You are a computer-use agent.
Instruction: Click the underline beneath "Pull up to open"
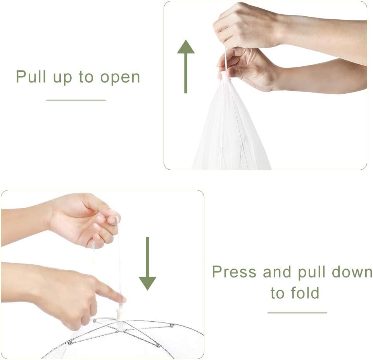click(x=76, y=100)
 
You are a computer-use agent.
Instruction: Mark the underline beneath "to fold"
click(x=297, y=312)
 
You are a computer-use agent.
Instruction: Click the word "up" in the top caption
click(x=62, y=78)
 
